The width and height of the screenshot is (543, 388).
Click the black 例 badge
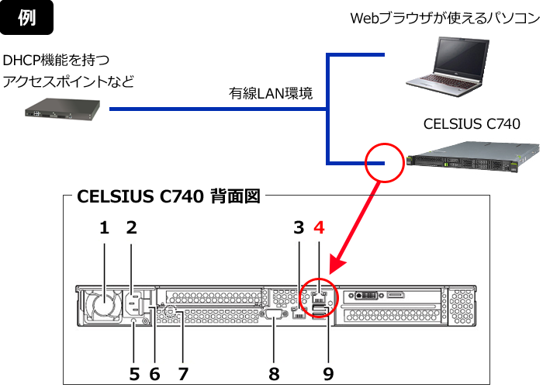(x=26, y=19)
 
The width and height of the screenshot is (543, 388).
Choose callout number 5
(x=133, y=373)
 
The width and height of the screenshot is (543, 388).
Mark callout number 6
(x=154, y=373)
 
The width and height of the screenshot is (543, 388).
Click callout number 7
(x=183, y=373)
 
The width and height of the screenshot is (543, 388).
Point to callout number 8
(x=274, y=373)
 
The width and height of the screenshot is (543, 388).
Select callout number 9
(x=327, y=373)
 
